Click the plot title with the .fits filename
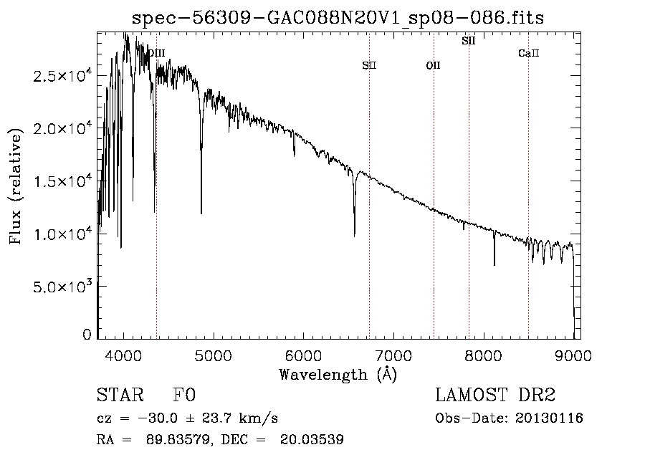pyautogui.click(x=338, y=17)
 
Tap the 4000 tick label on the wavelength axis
pyautogui.click(x=124, y=355)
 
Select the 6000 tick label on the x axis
pyautogui.click(x=304, y=355)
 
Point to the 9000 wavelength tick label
pyautogui.click(x=573, y=355)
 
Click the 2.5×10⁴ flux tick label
pyautogui.click(x=62, y=75)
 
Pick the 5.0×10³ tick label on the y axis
pyautogui.click(x=62, y=286)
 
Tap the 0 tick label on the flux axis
pyautogui.click(x=87, y=335)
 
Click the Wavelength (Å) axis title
pyautogui.click(x=338, y=375)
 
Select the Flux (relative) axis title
pyautogui.click(x=16, y=186)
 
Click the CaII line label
pyautogui.click(x=529, y=53)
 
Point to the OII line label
pyautogui.click(x=433, y=65)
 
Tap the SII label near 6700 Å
pyautogui.click(x=369, y=65)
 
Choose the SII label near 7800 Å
pyautogui.click(x=469, y=41)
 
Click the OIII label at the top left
pyautogui.click(x=157, y=53)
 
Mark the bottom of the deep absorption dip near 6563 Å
pyautogui.click(x=355, y=236)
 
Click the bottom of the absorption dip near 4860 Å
pyautogui.click(x=201, y=214)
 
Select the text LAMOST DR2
pyautogui.click(x=495, y=395)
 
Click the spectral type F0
pyautogui.click(x=184, y=395)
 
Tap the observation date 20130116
pyautogui.click(x=549, y=418)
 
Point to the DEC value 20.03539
pyautogui.click(x=312, y=439)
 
